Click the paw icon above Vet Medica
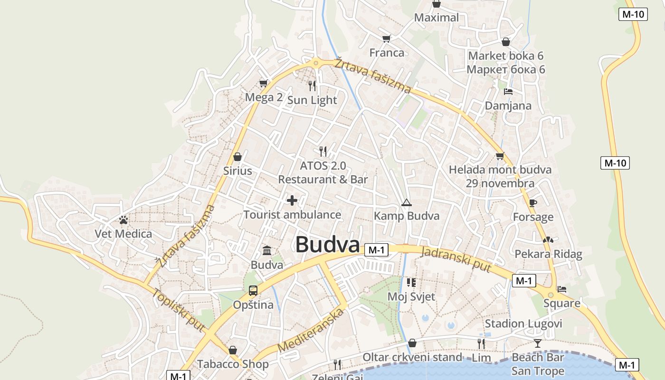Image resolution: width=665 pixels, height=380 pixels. (123, 220)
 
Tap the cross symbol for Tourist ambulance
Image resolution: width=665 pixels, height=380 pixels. (292, 200)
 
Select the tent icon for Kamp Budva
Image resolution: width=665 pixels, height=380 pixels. (406, 203)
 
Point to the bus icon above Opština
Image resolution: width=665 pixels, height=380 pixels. (253, 290)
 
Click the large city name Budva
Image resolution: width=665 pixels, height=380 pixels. (327, 245)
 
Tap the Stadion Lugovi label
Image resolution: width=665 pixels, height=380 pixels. (523, 324)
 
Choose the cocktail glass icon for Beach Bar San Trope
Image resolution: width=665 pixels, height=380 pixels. (538, 343)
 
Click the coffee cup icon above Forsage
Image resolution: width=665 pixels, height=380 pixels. (533, 203)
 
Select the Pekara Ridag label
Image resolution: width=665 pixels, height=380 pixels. (548, 254)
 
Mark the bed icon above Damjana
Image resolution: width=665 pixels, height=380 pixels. (508, 91)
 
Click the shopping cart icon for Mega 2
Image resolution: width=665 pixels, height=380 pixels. (264, 84)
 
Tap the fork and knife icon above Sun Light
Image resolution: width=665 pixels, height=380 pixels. (312, 85)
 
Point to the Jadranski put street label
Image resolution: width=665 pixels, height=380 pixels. (456, 259)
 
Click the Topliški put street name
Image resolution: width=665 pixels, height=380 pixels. (179, 310)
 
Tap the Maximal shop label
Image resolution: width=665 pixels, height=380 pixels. (437, 18)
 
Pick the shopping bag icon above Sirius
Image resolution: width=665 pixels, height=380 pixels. (237, 156)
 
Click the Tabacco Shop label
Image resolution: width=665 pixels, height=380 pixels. (233, 364)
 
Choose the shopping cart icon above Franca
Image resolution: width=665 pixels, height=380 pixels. (387, 38)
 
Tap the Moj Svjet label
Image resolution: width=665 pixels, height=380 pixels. (411, 297)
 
